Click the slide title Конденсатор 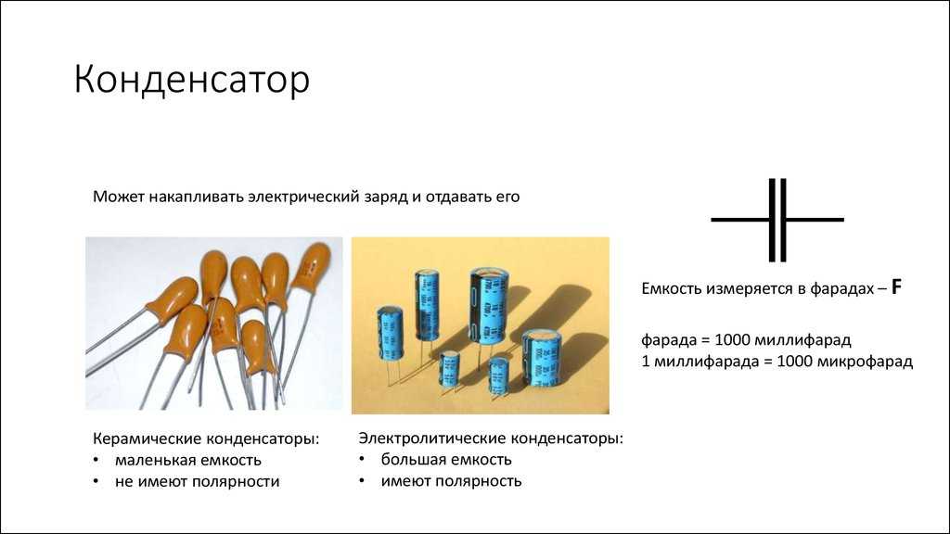pyautogui.click(x=191, y=80)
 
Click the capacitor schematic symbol pyautogui.click(x=777, y=220)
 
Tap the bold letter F pyautogui.click(x=897, y=287)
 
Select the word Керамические pyautogui.click(x=148, y=439)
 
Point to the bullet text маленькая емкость pyautogui.click(x=187, y=460)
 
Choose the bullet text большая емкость pyautogui.click(x=446, y=460)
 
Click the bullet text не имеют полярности pyautogui.click(x=197, y=482)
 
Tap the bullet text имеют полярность pyautogui.click(x=451, y=481)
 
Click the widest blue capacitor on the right pyautogui.click(x=541, y=358)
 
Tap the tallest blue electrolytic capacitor pyautogui.click(x=489, y=306)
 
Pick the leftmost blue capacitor pyautogui.click(x=390, y=334)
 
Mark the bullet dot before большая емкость pyautogui.click(x=362, y=459)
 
